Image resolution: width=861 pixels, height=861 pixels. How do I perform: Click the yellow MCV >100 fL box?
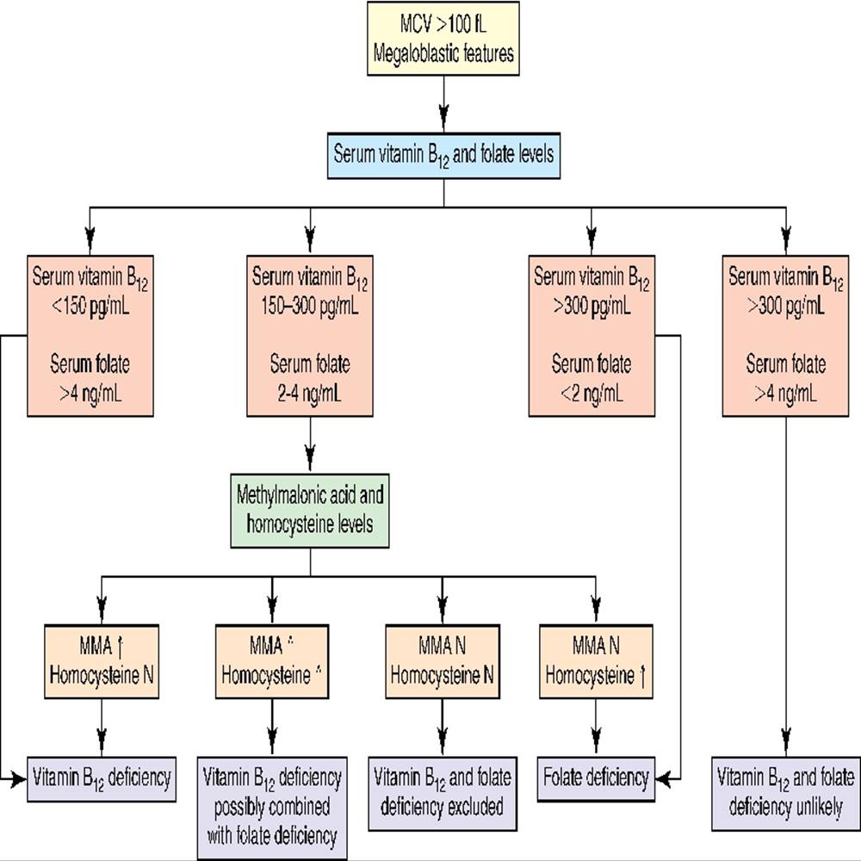[443, 39]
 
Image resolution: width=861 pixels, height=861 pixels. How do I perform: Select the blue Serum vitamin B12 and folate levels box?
[443, 155]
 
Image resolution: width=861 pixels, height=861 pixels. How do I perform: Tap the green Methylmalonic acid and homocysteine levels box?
[310, 511]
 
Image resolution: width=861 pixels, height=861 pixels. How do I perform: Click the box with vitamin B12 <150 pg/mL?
[90, 336]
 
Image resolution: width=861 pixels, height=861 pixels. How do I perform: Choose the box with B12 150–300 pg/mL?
[310, 336]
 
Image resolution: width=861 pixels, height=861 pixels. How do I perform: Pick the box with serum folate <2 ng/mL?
[592, 336]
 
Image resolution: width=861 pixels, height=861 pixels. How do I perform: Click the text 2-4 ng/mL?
[310, 393]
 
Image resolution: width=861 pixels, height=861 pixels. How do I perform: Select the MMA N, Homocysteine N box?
[443, 661]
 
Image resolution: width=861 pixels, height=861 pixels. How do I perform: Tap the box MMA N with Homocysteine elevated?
[596, 661]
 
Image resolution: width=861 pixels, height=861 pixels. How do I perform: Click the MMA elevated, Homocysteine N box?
[102, 661]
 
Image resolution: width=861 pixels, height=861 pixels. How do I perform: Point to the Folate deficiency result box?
[596, 778]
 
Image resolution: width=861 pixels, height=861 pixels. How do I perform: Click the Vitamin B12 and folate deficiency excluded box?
[443, 794]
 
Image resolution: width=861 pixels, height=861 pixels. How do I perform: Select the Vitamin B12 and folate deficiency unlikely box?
[786, 794]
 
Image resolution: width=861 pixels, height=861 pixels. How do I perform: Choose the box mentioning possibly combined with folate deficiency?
[272, 808]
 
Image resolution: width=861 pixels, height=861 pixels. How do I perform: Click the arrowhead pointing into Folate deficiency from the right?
[662, 778]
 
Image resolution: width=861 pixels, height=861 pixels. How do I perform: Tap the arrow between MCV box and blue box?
[443, 104]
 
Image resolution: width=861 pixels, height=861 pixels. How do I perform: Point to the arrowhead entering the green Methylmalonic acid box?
[310, 461]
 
